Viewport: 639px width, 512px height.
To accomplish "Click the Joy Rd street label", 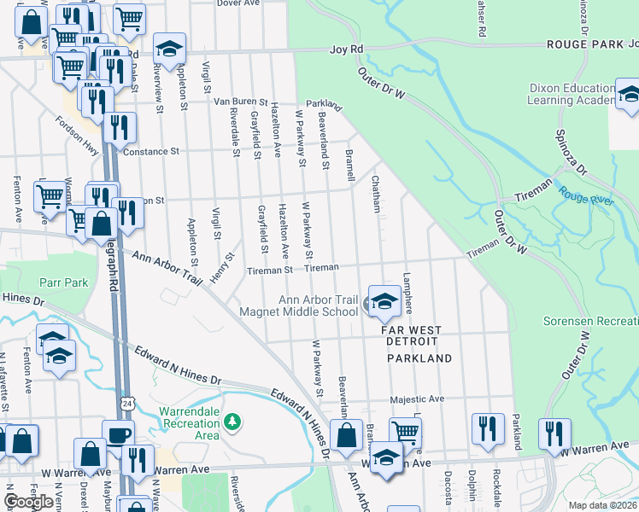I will click(347, 51).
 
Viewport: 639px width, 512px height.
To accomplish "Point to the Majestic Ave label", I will click(418, 399).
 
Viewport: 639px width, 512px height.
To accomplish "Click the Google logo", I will click(29, 501).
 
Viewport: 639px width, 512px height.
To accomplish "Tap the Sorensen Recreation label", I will click(590, 322).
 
